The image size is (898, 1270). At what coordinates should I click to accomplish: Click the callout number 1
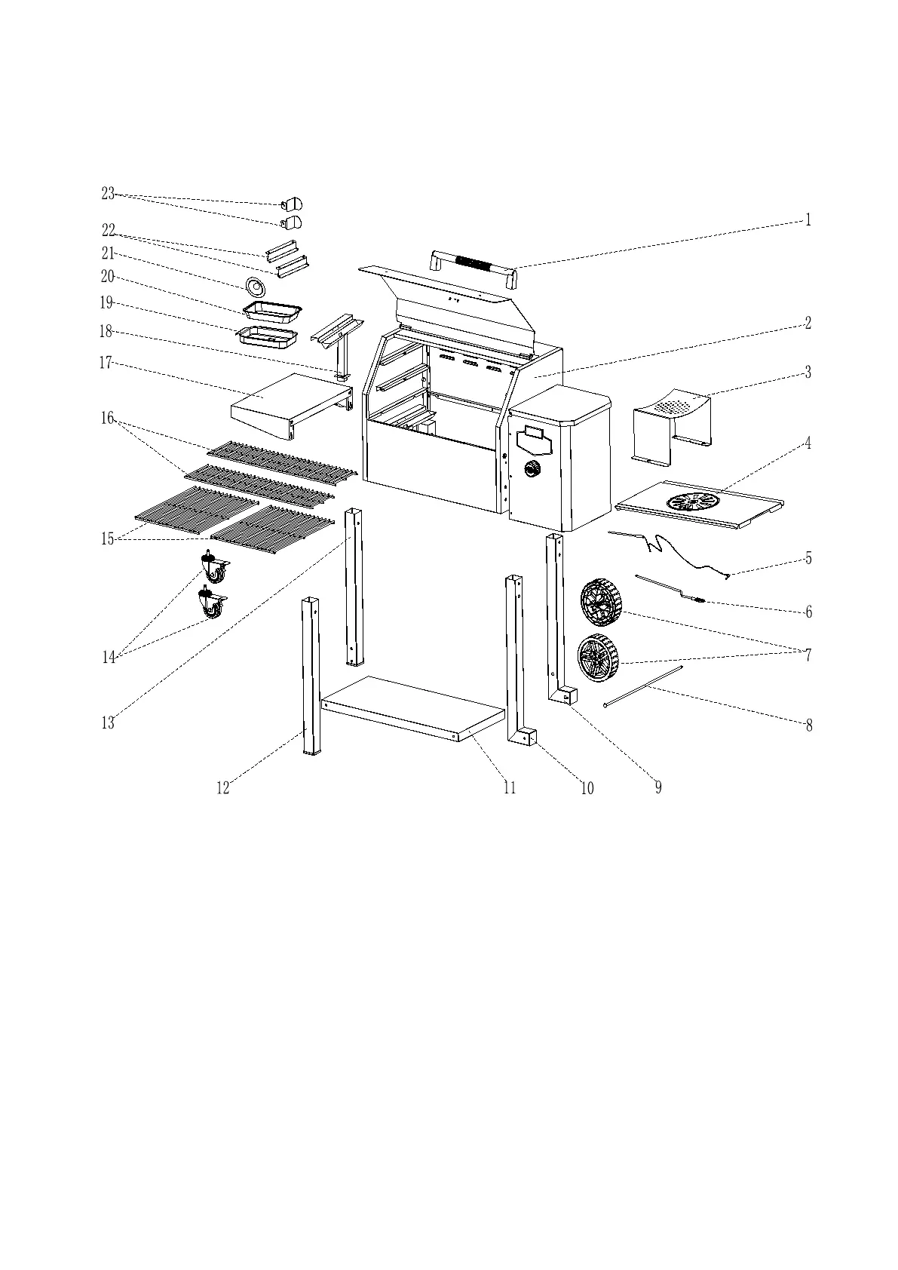point(808,220)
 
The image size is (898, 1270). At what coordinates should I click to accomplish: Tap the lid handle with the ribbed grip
point(474,266)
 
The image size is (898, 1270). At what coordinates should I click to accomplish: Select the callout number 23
point(108,194)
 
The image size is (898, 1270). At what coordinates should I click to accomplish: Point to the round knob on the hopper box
point(533,468)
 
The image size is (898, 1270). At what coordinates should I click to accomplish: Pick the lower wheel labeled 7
point(597,658)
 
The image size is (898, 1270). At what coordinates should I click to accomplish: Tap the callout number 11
point(510,787)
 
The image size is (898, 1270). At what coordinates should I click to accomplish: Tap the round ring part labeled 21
point(256,287)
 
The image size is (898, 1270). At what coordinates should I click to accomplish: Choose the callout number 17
point(106,364)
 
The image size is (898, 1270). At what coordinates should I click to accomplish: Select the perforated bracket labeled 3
point(672,425)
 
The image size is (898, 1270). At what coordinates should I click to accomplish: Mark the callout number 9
point(658,787)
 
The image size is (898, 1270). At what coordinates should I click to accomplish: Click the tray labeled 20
point(272,309)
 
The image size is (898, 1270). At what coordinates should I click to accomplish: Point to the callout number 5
point(808,558)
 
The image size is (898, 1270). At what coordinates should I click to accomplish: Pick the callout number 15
point(108,538)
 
